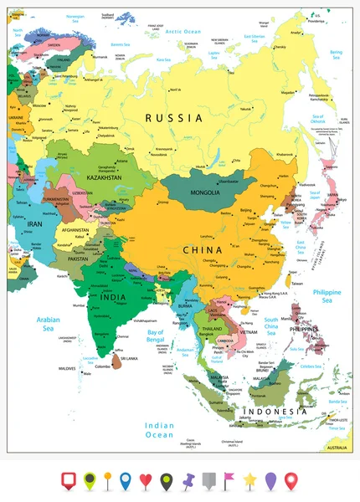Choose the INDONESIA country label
pos(269,412)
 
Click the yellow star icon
pos(250,479)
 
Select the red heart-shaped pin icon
pos(146,480)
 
